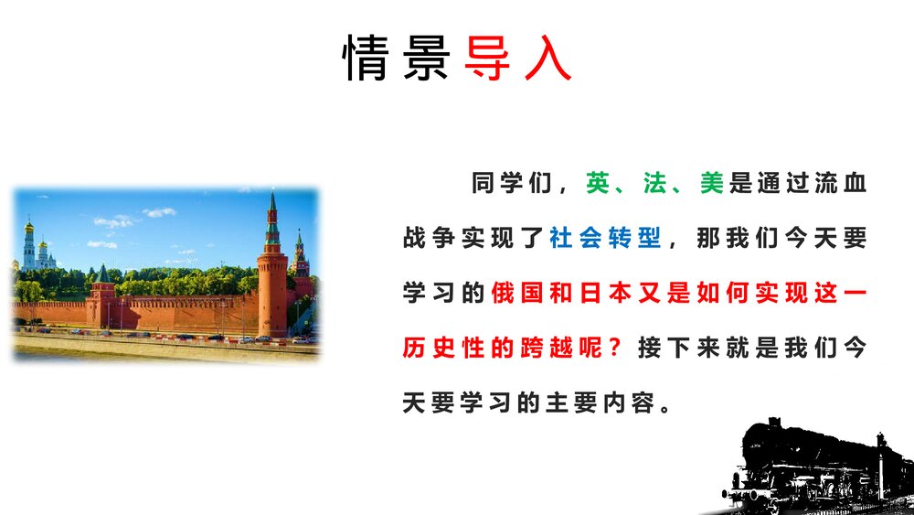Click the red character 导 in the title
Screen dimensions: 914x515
click(x=487, y=57)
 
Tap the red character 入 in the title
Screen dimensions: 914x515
click(x=547, y=57)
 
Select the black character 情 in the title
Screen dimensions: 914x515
click(x=366, y=57)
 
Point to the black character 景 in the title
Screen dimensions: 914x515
click(x=426, y=57)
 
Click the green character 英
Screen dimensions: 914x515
click(x=598, y=183)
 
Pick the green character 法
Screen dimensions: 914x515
click(x=654, y=183)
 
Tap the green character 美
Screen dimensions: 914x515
click(x=712, y=183)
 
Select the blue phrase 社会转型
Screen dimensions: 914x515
click(x=605, y=238)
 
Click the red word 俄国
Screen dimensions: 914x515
click(x=517, y=293)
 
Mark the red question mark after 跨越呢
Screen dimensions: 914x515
click(x=615, y=348)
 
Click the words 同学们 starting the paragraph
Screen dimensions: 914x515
click(x=511, y=183)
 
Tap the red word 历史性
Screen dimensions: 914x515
click(x=443, y=348)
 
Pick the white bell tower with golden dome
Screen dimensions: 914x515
click(x=29, y=245)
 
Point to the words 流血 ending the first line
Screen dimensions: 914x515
click(x=841, y=183)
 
